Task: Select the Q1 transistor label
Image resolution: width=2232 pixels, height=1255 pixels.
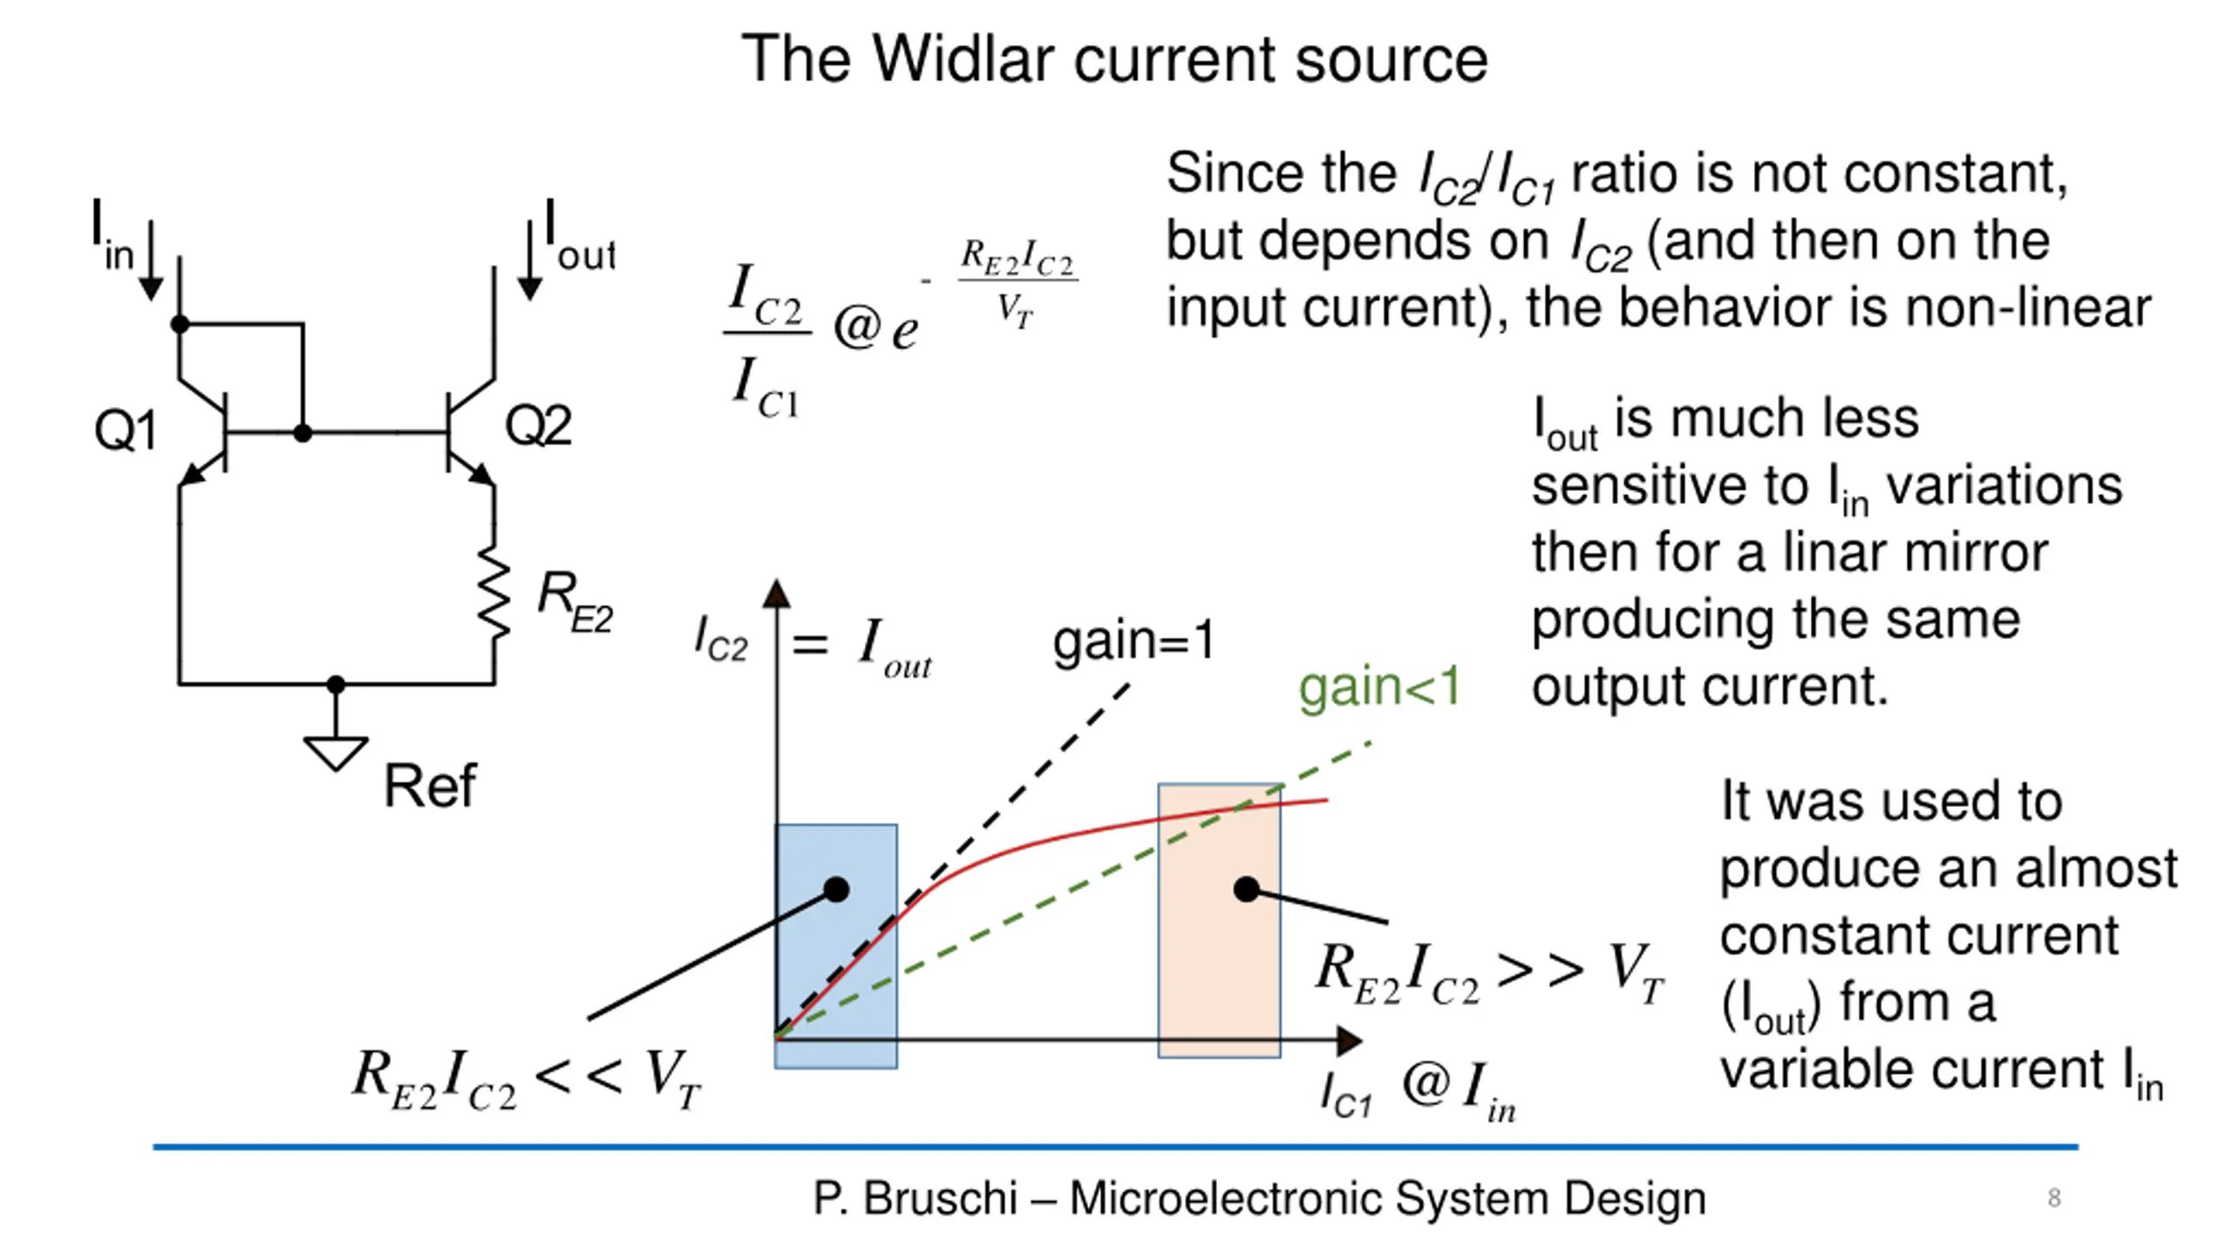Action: [125, 430]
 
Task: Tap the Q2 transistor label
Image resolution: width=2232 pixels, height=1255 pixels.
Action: [538, 425]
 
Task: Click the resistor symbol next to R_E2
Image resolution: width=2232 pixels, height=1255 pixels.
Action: [494, 593]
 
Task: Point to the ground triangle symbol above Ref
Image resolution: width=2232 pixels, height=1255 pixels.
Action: [336, 752]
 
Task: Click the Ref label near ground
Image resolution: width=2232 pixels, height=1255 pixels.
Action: [430, 785]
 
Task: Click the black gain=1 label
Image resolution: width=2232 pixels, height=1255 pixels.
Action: [1133, 641]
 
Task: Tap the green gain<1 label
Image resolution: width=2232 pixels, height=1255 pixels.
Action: [1378, 688]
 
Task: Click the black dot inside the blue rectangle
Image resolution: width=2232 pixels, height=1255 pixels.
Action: [836, 889]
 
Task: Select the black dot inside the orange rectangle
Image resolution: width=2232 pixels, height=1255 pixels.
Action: [1247, 889]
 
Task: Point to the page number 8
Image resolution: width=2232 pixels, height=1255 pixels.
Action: [2054, 1197]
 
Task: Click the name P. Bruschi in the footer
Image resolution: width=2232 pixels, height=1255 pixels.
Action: [915, 1198]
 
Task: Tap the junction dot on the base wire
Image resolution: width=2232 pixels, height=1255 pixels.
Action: [303, 432]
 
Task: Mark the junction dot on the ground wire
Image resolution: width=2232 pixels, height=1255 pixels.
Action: [336, 685]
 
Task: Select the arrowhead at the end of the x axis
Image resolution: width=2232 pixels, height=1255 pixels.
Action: [1349, 1040]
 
